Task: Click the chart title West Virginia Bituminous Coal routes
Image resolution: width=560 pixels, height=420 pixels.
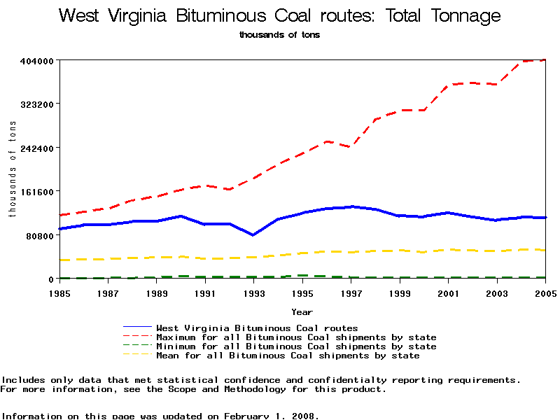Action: [280, 15]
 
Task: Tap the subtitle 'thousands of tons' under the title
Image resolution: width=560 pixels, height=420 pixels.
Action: [279, 34]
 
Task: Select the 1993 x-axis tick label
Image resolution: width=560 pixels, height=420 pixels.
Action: [253, 294]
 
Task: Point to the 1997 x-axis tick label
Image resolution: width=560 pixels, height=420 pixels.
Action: [351, 294]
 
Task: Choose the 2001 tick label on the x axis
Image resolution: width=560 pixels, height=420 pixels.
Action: [448, 294]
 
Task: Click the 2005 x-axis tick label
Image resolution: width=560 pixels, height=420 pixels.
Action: [544, 294]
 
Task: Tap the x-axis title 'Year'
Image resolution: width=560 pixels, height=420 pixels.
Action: [302, 312]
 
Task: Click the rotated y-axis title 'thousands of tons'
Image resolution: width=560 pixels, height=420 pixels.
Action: [12, 168]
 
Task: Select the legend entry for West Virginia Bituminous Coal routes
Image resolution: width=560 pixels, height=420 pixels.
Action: [257, 328]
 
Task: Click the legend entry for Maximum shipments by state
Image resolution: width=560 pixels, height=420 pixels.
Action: [296, 337]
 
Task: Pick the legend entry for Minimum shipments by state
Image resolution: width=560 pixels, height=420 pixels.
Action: [296, 346]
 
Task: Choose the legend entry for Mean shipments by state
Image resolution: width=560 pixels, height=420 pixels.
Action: [288, 356]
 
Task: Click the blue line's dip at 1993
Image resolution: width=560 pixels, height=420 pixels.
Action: [253, 235]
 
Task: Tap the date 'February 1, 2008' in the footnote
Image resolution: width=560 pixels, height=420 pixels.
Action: [271, 416]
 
